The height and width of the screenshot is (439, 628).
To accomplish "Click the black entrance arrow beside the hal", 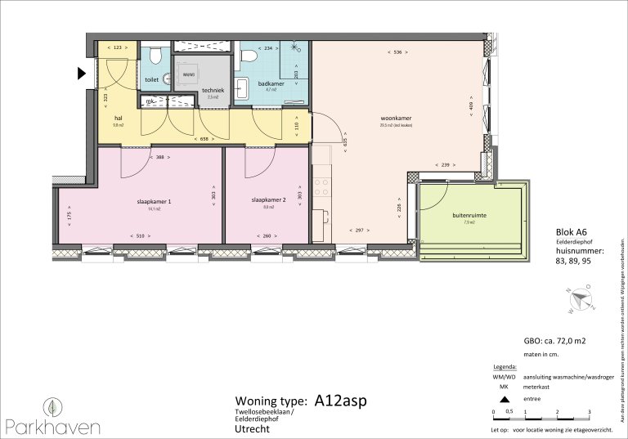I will (82, 74).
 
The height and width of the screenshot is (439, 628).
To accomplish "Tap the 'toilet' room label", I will (151, 80).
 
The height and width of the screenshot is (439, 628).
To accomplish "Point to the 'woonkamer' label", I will (395, 119).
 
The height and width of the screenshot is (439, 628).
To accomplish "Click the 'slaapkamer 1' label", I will (154, 200).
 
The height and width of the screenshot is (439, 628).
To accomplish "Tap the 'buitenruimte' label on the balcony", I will (469, 215).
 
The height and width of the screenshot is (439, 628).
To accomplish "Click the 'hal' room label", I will (118, 117).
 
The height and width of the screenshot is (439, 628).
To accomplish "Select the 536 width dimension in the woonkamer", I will (397, 52).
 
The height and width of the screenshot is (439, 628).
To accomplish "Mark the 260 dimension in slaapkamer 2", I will (268, 236).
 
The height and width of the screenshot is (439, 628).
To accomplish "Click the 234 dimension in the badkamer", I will (267, 48).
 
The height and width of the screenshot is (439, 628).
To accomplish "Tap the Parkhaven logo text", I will (53, 426).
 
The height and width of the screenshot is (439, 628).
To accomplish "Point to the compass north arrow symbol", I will (582, 300).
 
